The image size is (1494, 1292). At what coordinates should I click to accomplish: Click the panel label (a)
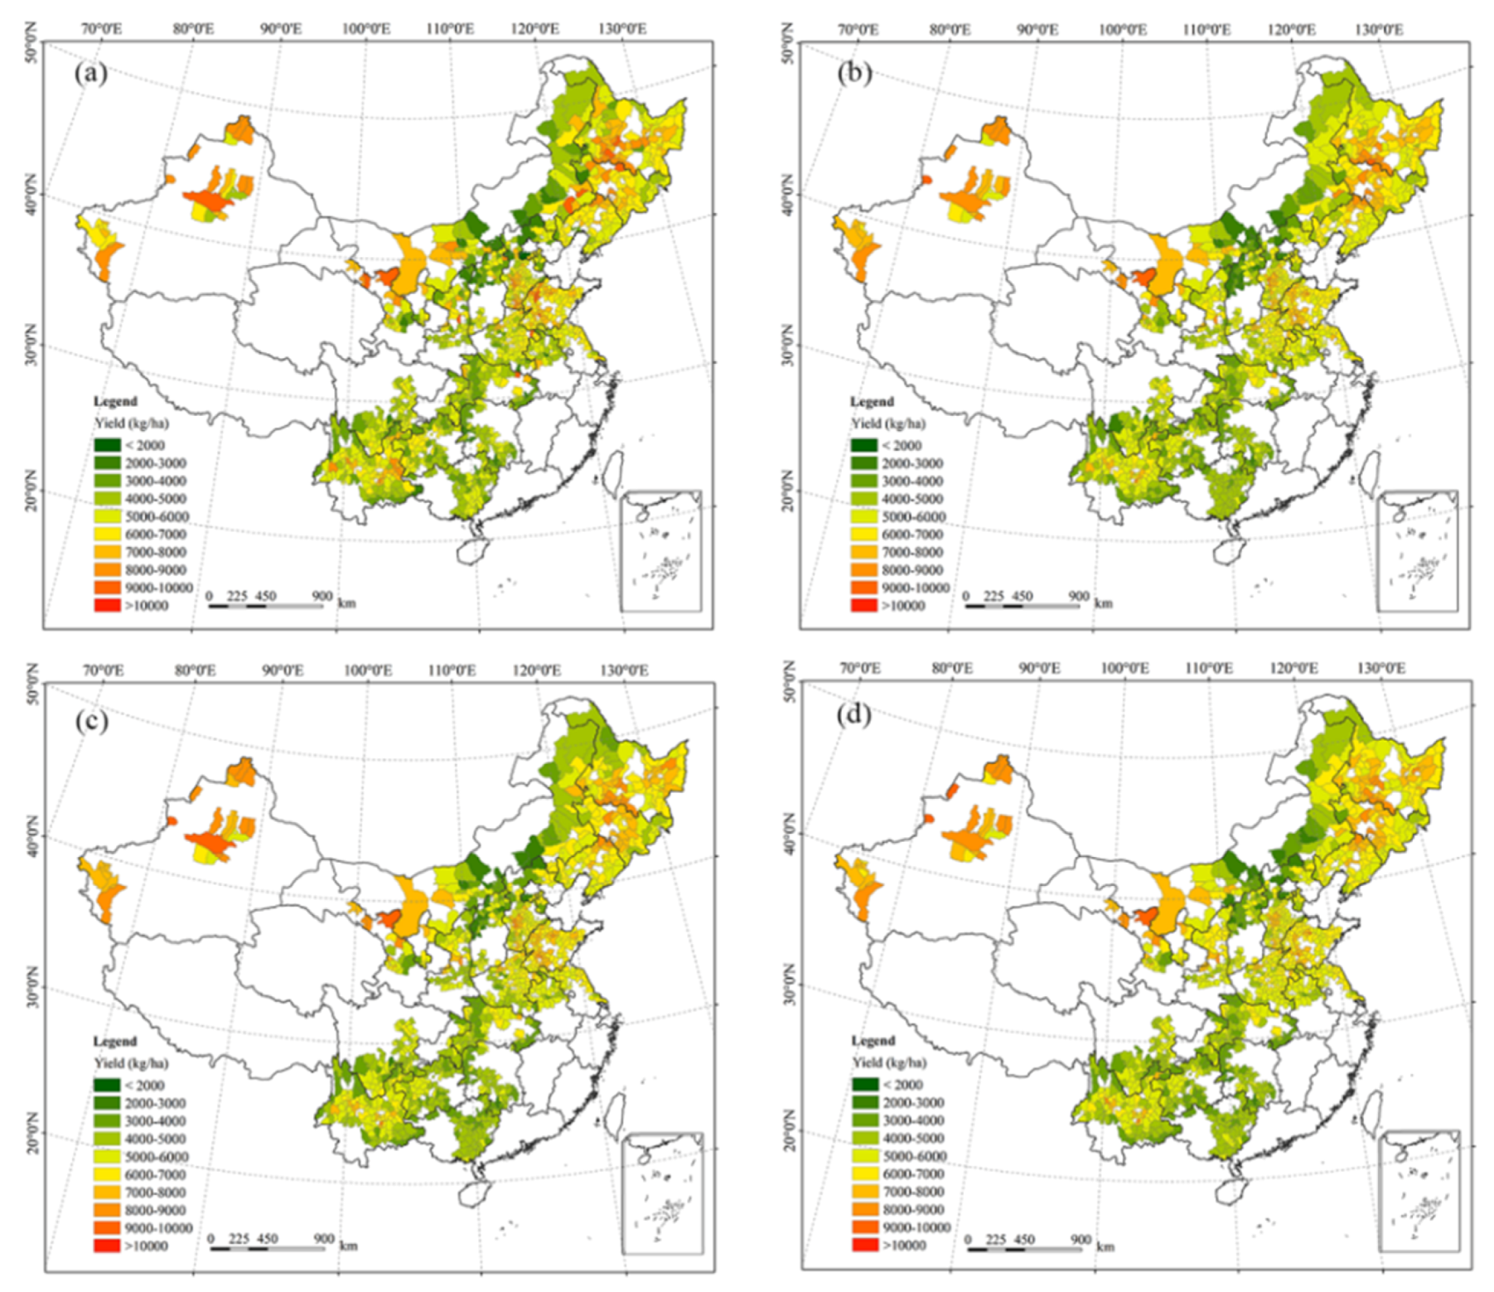(x=90, y=73)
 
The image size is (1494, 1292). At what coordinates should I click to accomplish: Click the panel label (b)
(x=854, y=73)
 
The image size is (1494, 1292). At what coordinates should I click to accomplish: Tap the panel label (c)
(x=91, y=721)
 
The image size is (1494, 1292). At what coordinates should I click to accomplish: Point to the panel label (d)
(x=854, y=714)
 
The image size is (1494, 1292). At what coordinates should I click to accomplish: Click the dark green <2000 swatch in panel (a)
(x=108, y=445)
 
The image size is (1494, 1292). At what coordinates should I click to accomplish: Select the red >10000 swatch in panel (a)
(x=108, y=605)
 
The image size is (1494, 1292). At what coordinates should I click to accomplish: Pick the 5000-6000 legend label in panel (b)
(x=912, y=516)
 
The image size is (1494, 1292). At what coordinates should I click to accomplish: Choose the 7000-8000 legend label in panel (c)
(x=155, y=1193)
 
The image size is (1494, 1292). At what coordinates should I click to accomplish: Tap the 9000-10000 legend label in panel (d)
(x=916, y=1227)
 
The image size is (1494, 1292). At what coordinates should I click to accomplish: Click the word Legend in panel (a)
(x=115, y=401)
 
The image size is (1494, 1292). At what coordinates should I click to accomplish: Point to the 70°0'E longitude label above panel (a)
(x=101, y=29)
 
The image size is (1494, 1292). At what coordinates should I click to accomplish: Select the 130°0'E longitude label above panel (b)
(x=1379, y=29)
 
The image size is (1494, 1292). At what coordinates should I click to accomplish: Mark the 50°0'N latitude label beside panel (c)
(x=33, y=685)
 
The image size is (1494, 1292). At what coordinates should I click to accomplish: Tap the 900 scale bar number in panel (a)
(x=322, y=596)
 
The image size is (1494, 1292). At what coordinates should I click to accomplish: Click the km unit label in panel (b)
(x=1104, y=603)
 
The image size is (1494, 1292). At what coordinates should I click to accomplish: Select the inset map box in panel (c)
(x=663, y=1193)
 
